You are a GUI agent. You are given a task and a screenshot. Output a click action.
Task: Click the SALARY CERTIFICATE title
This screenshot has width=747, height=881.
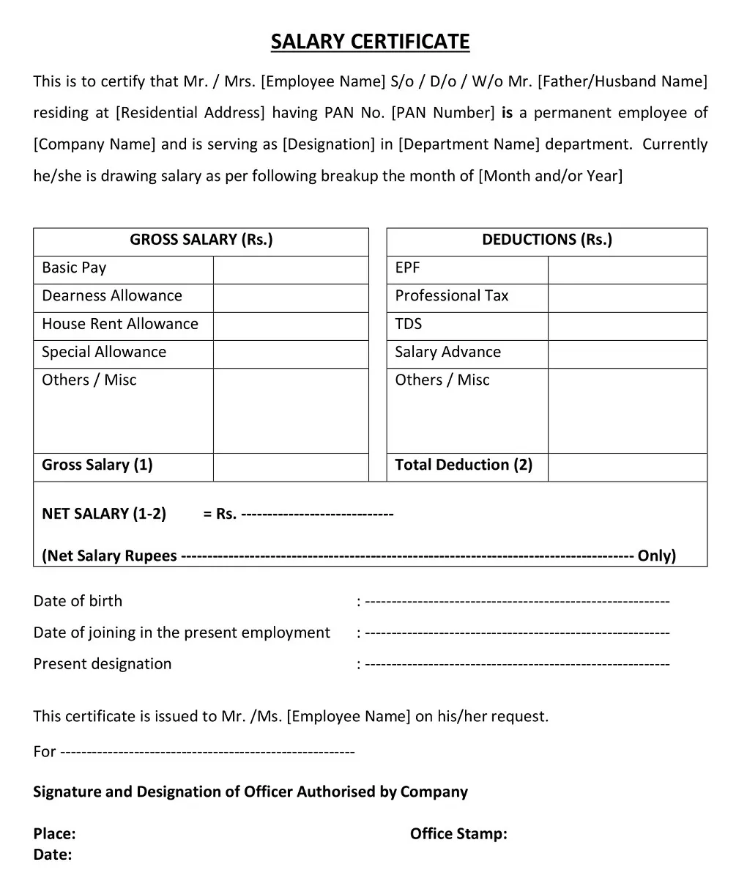[x=370, y=42]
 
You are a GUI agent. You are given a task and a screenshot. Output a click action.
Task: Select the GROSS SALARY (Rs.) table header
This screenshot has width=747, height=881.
[x=201, y=240]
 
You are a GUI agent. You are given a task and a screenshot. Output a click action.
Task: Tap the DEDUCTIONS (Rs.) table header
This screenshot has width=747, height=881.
[x=546, y=240]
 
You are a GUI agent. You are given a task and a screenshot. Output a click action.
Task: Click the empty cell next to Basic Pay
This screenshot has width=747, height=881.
[x=290, y=269]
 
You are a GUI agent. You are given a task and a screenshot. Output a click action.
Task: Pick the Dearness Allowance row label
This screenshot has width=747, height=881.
[x=112, y=296]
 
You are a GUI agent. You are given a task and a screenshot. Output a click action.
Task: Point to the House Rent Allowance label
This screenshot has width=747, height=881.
[x=120, y=324]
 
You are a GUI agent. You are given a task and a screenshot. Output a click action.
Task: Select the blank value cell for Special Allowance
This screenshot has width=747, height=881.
[x=290, y=353]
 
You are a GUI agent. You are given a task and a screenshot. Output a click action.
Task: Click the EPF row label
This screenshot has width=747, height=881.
[x=407, y=268]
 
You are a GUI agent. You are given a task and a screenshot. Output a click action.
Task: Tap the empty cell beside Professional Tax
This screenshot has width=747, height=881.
[x=627, y=297]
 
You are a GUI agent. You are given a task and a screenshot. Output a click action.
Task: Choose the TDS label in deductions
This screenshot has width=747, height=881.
[x=408, y=324]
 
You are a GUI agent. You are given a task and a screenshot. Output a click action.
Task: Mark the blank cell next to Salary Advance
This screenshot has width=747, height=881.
[x=627, y=353]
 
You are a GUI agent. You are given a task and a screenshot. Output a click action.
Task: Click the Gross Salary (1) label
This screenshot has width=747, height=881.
[x=97, y=465]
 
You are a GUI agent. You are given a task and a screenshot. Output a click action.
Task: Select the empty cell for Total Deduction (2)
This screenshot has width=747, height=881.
[x=627, y=466]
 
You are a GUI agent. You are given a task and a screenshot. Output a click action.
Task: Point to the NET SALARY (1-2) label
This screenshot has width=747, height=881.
[x=104, y=514]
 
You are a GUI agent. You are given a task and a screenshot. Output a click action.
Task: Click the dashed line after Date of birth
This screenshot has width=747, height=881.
[x=517, y=602]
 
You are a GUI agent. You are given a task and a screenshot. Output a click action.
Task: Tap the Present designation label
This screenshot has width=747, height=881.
[x=103, y=664]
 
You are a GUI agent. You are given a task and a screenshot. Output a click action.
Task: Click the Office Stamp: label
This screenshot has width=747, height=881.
[x=458, y=834]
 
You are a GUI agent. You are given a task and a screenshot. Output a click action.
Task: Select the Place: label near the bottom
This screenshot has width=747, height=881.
[x=54, y=834]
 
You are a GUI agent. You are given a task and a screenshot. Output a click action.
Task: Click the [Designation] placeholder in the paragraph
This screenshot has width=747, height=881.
[x=329, y=144]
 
